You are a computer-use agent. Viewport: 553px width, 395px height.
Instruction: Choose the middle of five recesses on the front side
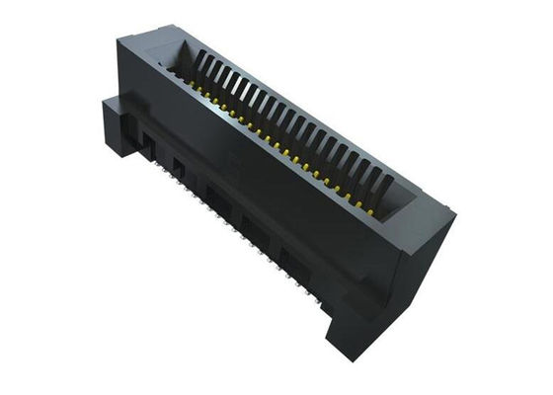(x=216, y=197)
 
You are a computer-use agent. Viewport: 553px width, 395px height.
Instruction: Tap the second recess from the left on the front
(x=179, y=165)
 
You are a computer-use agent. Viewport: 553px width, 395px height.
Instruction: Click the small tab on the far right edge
(x=450, y=209)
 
